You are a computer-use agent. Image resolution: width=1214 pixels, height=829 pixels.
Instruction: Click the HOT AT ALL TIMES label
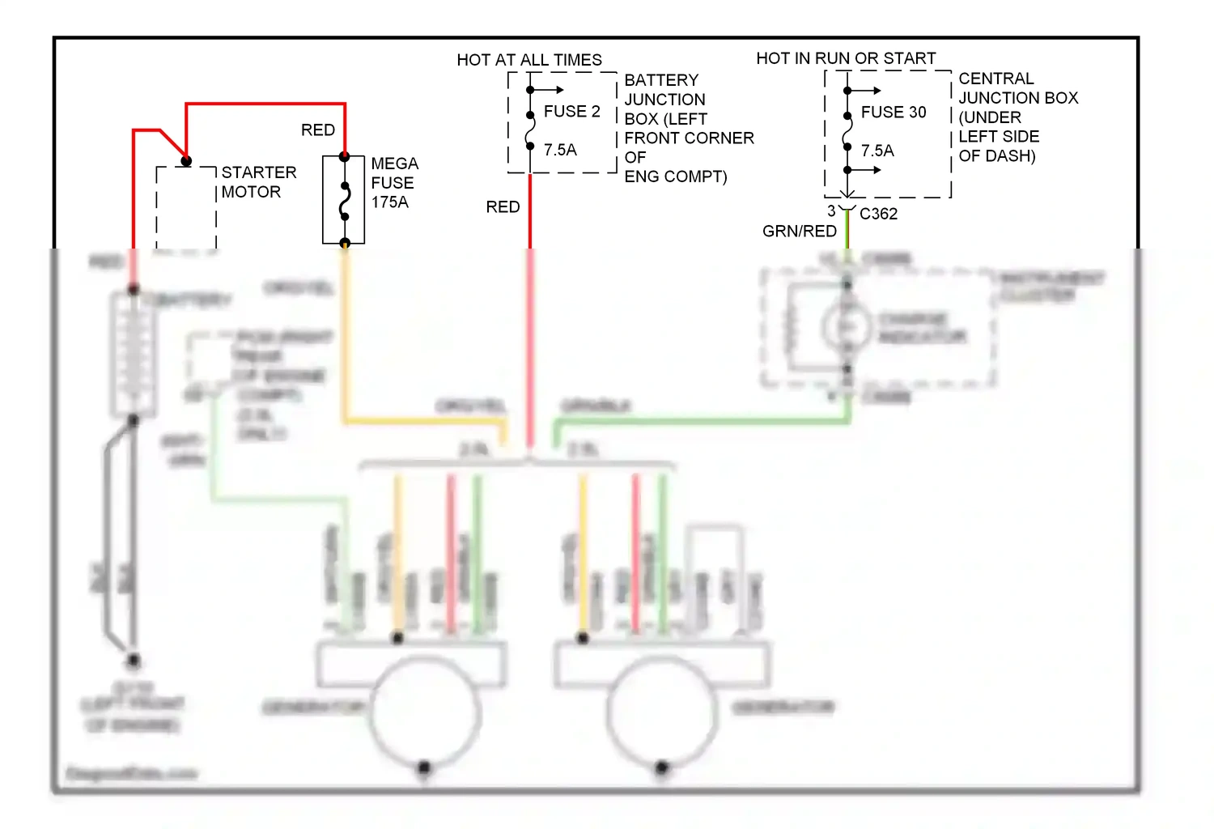click(529, 60)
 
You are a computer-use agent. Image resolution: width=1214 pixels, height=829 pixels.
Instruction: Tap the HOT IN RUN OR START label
click(846, 58)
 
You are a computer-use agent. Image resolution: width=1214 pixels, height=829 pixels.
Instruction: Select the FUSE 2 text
click(571, 112)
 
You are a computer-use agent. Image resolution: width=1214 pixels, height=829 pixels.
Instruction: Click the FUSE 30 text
click(893, 113)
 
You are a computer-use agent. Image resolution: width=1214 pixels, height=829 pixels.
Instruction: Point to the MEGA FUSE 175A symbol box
click(344, 200)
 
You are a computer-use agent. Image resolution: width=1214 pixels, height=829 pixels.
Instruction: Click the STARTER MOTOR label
click(258, 182)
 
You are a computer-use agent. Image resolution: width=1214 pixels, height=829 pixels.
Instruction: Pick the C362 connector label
click(878, 214)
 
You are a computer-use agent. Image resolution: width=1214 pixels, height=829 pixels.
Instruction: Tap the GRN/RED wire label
click(799, 232)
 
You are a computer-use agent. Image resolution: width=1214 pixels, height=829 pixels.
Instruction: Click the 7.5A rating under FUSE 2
click(560, 150)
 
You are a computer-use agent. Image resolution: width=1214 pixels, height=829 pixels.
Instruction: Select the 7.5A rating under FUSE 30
click(877, 151)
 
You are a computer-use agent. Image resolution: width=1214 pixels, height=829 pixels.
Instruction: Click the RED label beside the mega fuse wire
click(317, 130)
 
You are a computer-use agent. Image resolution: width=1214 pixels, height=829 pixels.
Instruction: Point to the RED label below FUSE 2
click(503, 207)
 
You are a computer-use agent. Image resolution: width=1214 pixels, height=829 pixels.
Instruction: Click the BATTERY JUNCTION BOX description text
click(688, 128)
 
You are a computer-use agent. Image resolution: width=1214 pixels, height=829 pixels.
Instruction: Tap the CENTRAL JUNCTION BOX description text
click(1017, 117)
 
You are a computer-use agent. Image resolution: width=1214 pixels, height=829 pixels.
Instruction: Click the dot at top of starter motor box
click(186, 161)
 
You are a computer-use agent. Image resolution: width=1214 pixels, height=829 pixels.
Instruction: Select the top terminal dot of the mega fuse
click(345, 157)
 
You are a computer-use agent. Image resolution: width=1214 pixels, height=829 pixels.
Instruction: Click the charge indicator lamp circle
click(847, 326)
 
